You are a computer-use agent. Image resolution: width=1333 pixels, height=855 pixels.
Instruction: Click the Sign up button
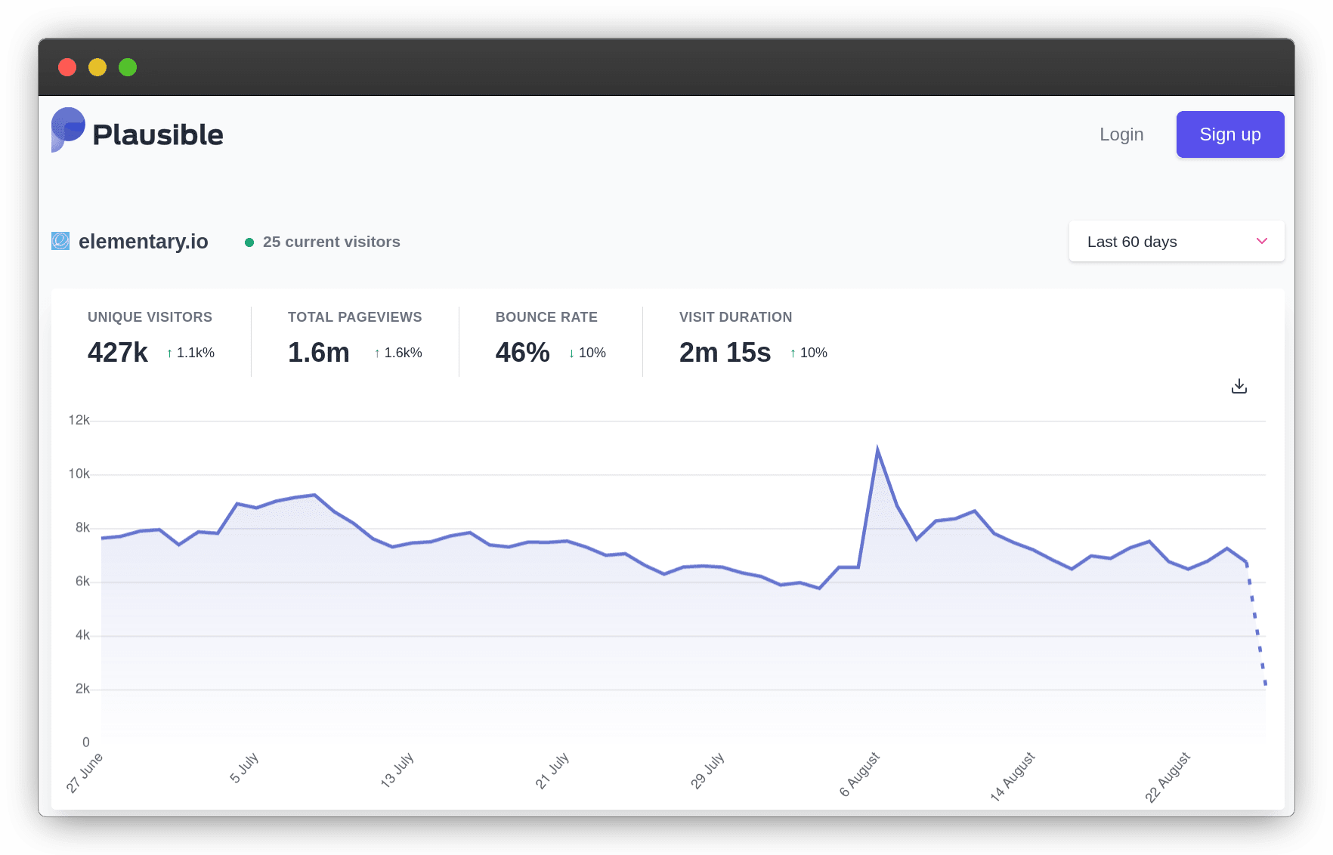pyautogui.click(x=1229, y=134)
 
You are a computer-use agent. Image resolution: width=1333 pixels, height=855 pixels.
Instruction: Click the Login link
pyautogui.click(x=1121, y=134)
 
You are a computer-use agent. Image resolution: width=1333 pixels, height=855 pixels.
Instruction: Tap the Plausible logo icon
pyautogui.click(x=67, y=129)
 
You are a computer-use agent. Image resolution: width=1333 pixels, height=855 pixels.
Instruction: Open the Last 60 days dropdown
pyautogui.click(x=1176, y=242)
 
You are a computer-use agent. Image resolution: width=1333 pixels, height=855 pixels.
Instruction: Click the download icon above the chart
pyautogui.click(x=1239, y=387)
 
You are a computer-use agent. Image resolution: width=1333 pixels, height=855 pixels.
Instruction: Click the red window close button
pyautogui.click(x=67, y=67)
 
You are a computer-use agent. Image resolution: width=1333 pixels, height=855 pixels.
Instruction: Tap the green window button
pyautogui.click(x=128, y=67)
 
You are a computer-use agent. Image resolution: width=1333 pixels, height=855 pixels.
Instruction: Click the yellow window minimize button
pyautogui.click(x=97, y=67)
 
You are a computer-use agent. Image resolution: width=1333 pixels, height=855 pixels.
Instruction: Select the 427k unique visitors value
pyautogui.click(x=118, y=353)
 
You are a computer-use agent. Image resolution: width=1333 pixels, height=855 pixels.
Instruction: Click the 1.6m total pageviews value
pyautogui.click(x=318, y=353)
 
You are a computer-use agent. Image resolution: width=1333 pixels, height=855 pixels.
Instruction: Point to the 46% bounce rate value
pyautogui.click(x=522, y=353)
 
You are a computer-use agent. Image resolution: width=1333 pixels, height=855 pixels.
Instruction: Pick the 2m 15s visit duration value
pyautogui.click(x=725, y=353)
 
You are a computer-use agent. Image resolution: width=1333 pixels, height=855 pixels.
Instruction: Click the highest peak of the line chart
pyautogui.click(x=877, y=449)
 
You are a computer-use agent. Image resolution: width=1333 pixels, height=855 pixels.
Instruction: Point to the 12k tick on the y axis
pyautogui.click(x=79, y=420)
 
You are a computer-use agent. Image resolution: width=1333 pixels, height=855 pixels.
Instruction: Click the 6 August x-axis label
pyautogui.click(x=860, y=774)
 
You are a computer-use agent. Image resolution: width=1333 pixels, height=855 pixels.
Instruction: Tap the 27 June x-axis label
pyautogui.click(x=85, y=773)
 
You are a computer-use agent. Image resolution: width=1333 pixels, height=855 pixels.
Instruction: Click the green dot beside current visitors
pyautogui.click(x=249, y=242)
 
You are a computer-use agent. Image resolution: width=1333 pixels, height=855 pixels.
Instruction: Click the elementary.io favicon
pyautogui.click(x=60, y=241)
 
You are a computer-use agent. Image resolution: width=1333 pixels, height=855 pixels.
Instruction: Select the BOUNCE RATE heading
pyautogui.click(x=546, y=317)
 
